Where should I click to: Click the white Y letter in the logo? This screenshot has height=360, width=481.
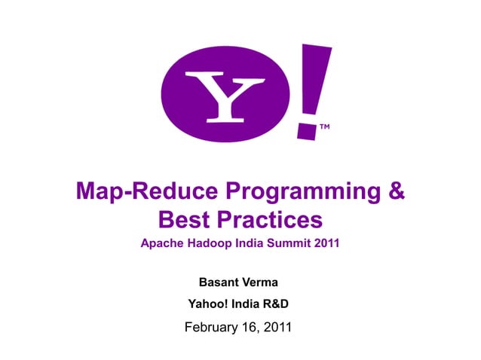coord(225,96)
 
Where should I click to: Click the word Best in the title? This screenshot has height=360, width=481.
coord(187,220)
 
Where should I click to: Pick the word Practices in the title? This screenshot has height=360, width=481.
coord(272,220)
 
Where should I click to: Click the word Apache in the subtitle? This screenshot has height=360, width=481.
coord(163,244)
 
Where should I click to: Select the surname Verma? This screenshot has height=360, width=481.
coord(260,282)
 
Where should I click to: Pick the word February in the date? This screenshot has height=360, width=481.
coord(213,328)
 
